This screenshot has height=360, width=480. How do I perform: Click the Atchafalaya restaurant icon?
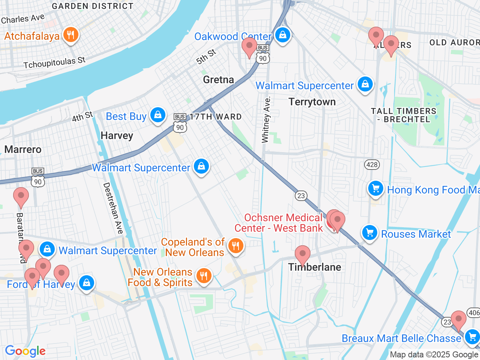click(70, 35)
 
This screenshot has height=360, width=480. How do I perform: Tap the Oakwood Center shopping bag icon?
click(283, 35)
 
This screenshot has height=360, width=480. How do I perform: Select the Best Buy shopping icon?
click(158, 115)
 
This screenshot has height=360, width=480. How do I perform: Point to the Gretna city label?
click(218, 79)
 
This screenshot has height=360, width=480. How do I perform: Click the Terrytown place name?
click(312, 102)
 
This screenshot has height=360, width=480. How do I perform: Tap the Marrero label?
click(23, 150)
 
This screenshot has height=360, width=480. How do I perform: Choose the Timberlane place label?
click(315, 267)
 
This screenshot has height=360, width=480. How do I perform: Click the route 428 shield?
click(372, 165)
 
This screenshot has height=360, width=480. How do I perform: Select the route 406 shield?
click(474, 313)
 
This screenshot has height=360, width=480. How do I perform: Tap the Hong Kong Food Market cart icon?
click(375, 189)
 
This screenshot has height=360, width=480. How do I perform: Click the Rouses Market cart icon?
click(369, 233)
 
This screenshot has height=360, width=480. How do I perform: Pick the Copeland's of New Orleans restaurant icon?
click(235, 246)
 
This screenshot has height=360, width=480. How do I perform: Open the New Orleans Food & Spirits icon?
click(204, 276)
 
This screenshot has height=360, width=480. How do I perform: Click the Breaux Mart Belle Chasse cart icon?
click(472, 336)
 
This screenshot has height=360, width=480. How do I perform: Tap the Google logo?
click(25, 351)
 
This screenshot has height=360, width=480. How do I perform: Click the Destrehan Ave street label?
click(113, 208)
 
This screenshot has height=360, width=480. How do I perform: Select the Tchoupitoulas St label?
click(54, 63)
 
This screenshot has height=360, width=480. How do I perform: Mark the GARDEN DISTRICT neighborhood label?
click(92, 6)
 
